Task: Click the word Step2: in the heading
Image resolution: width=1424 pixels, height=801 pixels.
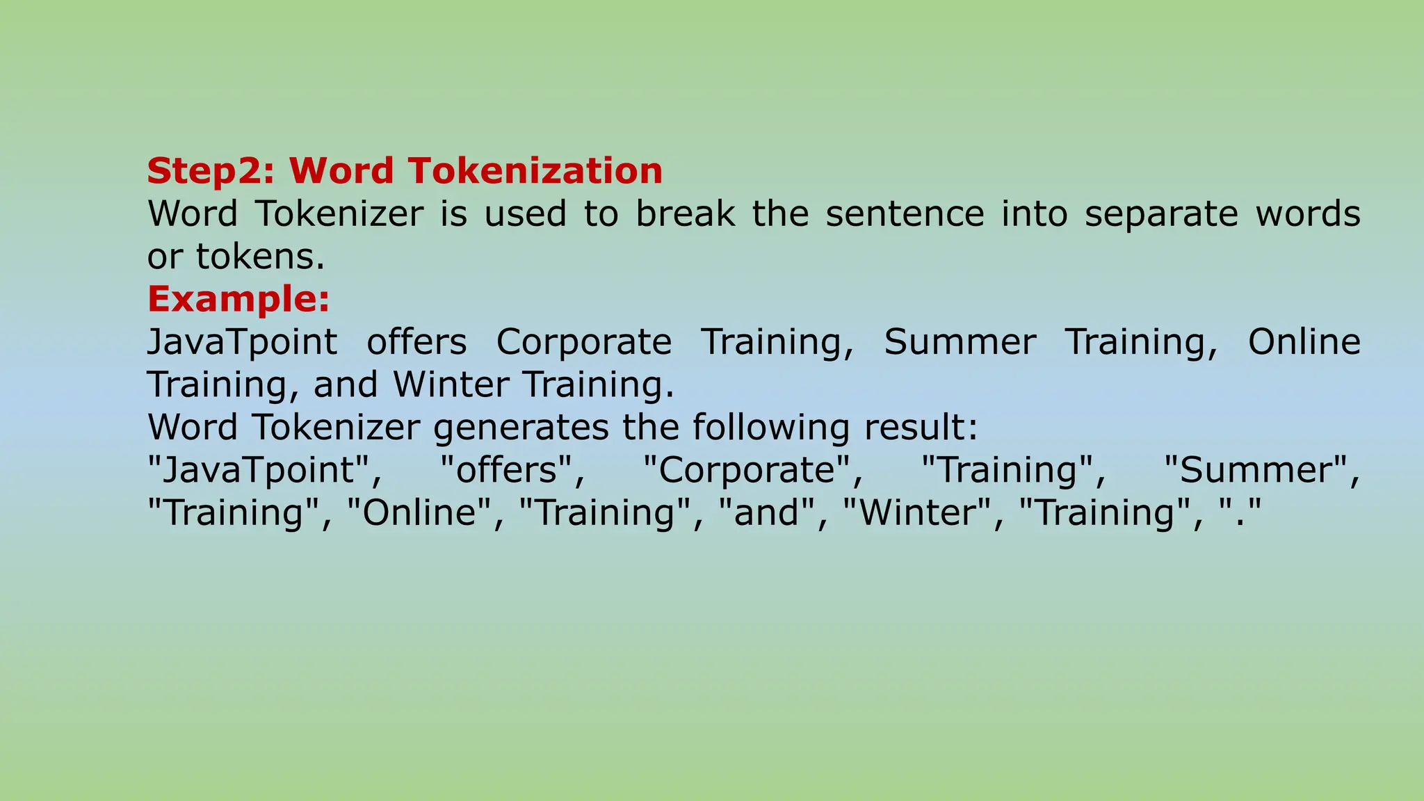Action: click(211, 171)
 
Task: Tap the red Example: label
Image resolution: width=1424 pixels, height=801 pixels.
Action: click(238, 300)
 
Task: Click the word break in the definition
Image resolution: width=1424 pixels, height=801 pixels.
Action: click(685, 213)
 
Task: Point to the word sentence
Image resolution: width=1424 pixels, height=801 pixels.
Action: click(905, 213)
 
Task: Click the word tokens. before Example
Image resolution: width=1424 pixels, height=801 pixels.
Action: click(261, 257)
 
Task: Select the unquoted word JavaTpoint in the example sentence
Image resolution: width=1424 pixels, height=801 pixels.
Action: click(242, 342)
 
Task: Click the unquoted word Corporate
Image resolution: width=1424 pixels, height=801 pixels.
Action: click(583, 342)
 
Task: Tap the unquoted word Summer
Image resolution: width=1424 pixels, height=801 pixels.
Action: click(960, 342)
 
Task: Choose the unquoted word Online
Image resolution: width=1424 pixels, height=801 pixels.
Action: click(1304, 342)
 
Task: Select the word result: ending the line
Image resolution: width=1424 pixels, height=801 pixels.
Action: click(921, 428)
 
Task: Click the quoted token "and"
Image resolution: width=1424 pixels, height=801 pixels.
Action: click(766, 513)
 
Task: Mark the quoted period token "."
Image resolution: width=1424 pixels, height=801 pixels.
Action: click(1240, 513)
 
